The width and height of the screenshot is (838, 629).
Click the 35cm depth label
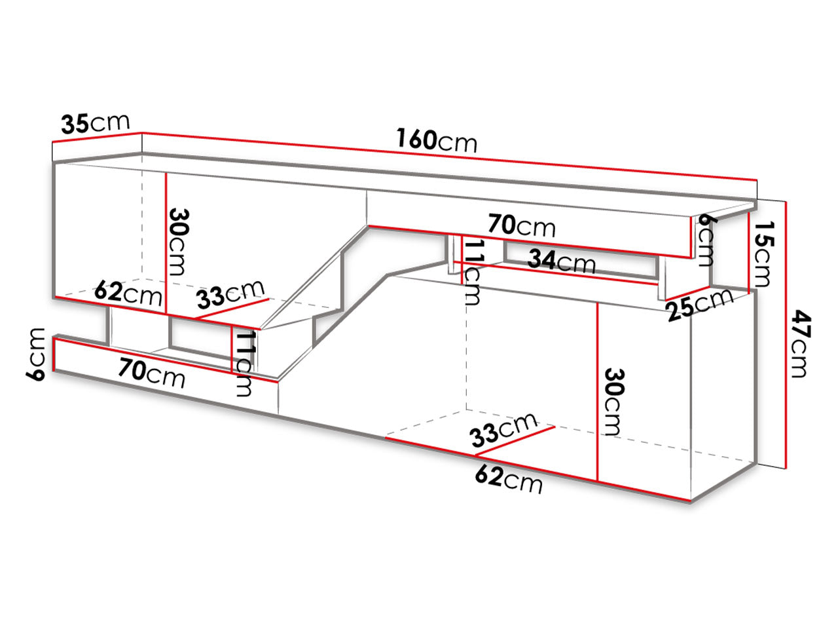pyautogui.click(x=96, y=123)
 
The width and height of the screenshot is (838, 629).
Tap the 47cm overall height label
pyautogui.click(x=801, y=343)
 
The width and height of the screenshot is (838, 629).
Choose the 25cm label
pyautogui.click(x=701, y=305)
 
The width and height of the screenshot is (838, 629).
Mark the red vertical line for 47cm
pyautogui.click(x=786, y=335)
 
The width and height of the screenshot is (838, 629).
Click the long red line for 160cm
pyautogui.click(x=450, y=156)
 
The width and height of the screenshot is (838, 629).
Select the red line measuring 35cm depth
pyautogui.click(x=97, y=137)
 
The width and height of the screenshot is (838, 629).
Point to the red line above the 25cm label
pyautogui.click(x=687, y=294)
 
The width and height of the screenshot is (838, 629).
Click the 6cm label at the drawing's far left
pyautogui.click(x=36, y=354)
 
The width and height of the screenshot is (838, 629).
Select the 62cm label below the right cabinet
pyautogui.click(x=509, y=480)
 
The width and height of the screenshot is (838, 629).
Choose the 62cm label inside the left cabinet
pyautogui.click(x=128, y=293)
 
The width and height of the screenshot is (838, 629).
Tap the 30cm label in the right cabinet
pyautogui.click(x=614, y=402)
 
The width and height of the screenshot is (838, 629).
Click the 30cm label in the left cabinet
pyautogui.click(x=179, y=242)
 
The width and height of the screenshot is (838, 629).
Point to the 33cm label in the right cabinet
pyautogui.click(x=504, y=430)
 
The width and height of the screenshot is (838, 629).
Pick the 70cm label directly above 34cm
pyautogui.click(x=522, y=225)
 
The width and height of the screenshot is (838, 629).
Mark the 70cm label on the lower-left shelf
pyautogui.click(x=152, y=373)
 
